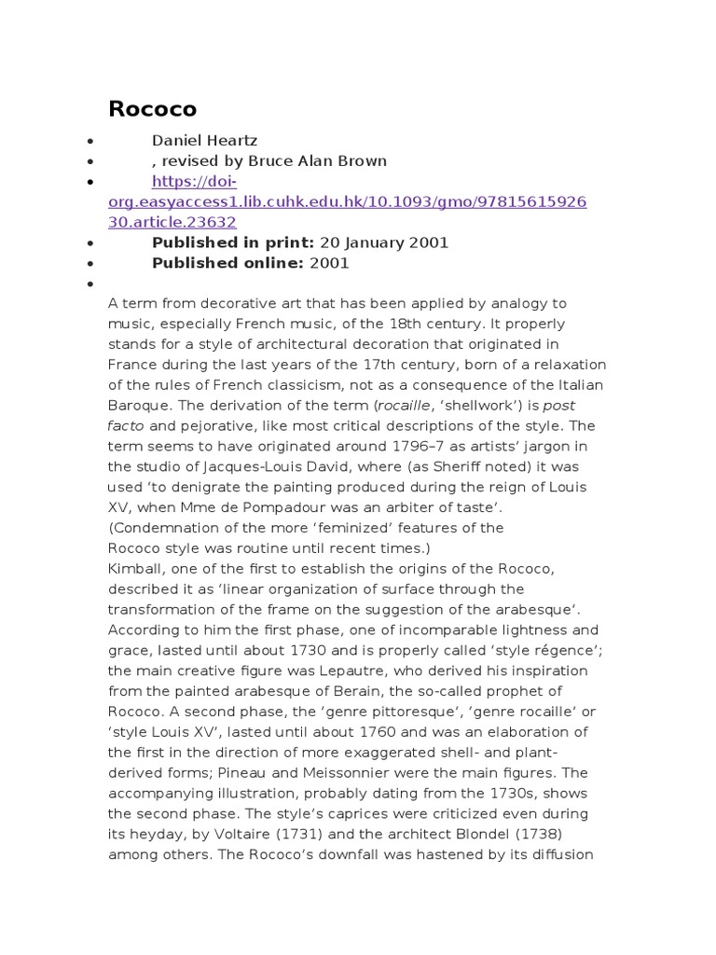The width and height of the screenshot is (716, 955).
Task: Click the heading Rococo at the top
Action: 153,109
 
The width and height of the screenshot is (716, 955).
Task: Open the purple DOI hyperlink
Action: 348,201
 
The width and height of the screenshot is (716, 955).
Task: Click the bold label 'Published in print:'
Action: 220,242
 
